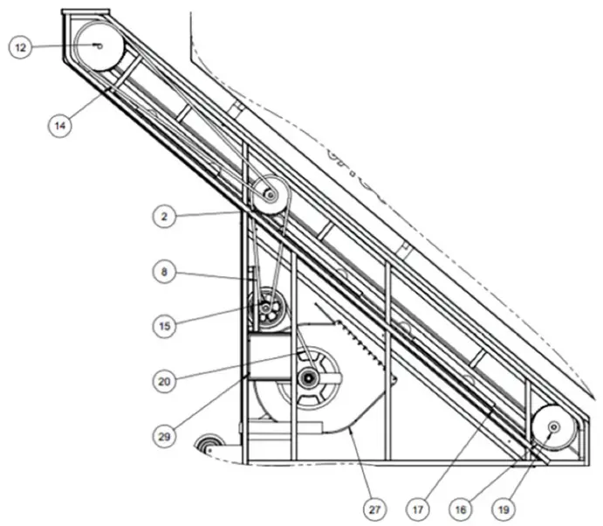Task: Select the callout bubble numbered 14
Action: pos(60,126)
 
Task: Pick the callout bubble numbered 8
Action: pos(163,272)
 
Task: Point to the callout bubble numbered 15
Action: pos(163,325)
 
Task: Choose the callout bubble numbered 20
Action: pos(163,380)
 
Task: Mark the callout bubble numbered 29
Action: pos(163,433)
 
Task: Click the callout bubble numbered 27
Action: pos(373,505)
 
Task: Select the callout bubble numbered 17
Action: pos(420,505)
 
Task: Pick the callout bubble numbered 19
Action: pos(504,505)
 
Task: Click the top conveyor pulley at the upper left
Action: pos(98,45)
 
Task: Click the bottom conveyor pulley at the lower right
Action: pos(553,427)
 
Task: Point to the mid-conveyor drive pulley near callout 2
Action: pos(270,194)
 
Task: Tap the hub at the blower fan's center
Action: pos(308,377)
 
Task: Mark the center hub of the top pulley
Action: pos(98,45)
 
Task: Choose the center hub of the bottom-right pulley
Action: pos(553,427)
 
